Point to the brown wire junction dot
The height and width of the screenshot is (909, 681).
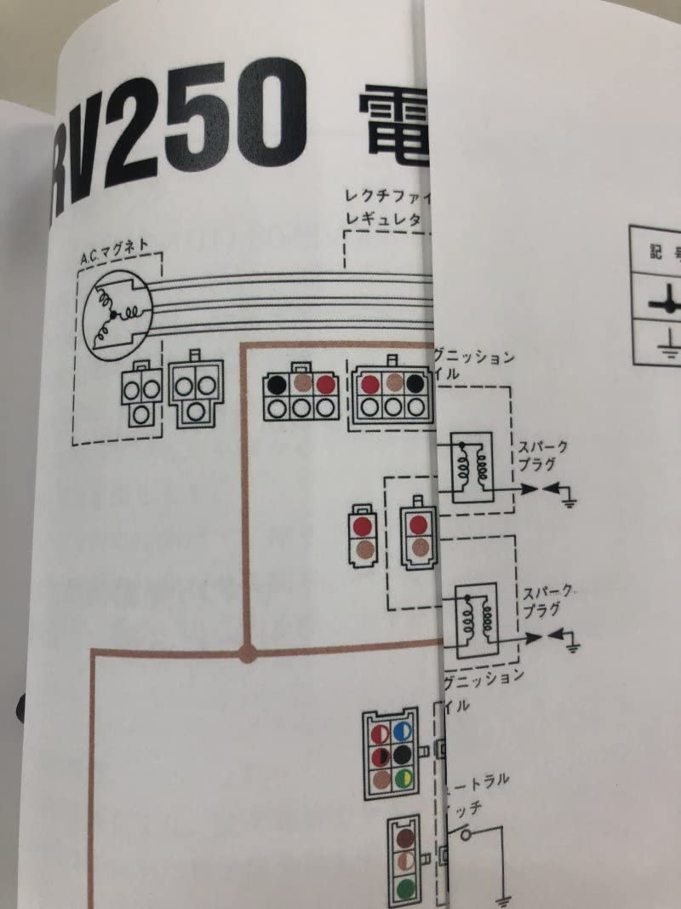248,654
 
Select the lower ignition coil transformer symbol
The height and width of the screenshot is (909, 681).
475,623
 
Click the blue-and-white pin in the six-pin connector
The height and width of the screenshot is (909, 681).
403,732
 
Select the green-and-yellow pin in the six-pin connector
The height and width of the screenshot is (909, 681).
403,777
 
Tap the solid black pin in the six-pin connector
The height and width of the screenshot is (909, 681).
403,755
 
